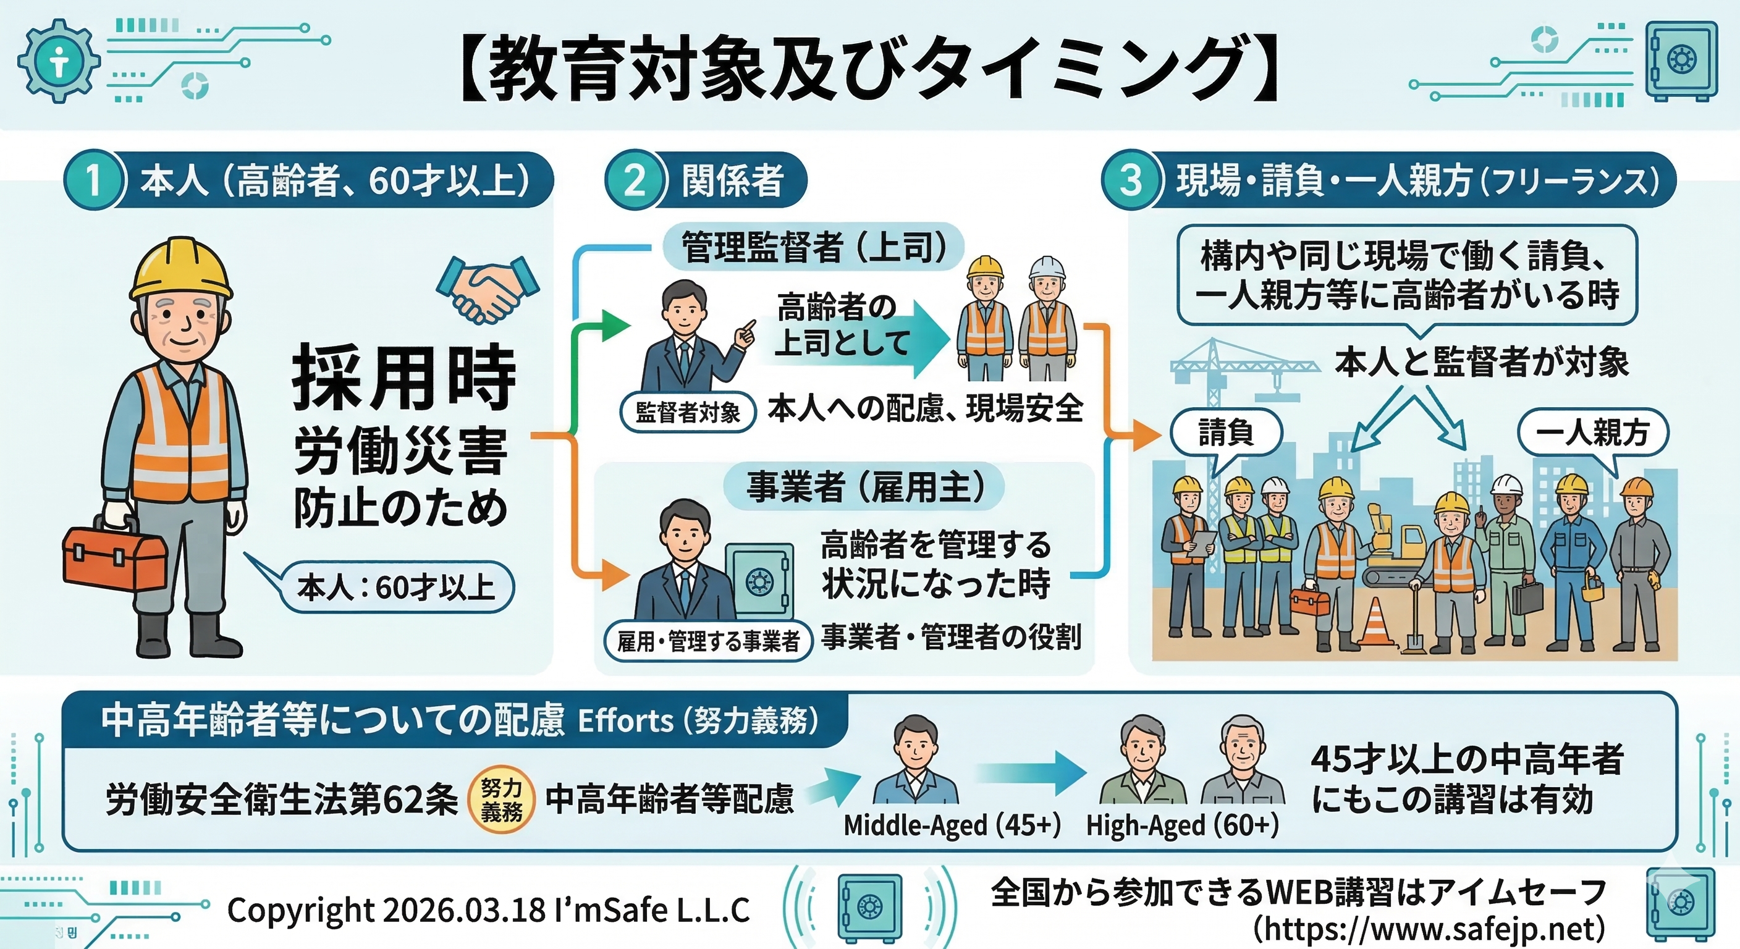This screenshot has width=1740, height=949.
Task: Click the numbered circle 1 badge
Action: (x=93, y=180)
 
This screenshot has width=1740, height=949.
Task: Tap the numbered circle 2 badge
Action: (x=634, y=180)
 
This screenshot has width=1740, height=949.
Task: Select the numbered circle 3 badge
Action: (x=1131, y=180)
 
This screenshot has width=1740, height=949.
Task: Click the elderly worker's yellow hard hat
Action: (x=180, y=268)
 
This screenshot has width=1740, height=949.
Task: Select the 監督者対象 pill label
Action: (x=688, y=411)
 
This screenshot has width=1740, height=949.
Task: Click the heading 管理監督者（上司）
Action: (x=813, y=247)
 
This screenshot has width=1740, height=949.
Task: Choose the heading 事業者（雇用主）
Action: (x=864, y=486)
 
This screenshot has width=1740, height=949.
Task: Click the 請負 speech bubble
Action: (x=1225, y=433)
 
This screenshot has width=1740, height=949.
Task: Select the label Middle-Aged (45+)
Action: (x=952, y=825)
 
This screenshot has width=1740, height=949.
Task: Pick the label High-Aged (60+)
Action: (x=1182, y=825)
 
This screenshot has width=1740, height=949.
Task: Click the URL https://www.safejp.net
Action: (x=1429, y=929)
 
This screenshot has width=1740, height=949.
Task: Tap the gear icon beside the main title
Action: (x=59, y=61)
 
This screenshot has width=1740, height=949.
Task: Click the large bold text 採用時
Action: (x=404, y=377)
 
